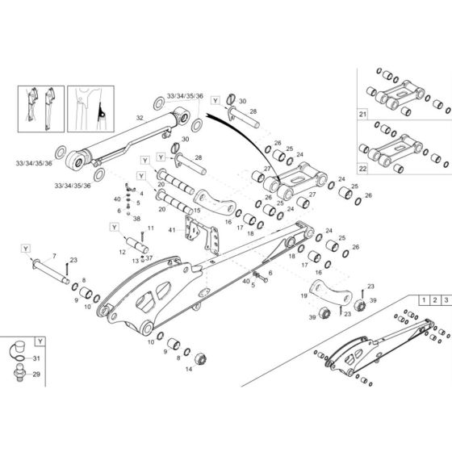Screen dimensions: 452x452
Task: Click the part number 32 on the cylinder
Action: (140, 119)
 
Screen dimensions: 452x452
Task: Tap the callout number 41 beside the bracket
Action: (172, 231)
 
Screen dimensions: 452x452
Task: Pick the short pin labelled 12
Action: (133, 243)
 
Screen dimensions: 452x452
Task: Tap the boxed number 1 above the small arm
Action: (422, 300)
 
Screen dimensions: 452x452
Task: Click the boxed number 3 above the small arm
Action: (445, 300)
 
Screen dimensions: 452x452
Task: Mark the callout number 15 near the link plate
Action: (197, 211)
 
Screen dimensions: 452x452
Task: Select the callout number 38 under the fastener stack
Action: (136, 219)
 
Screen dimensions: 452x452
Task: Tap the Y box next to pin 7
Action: (26, 248)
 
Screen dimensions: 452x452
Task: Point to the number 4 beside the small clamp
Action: (142, 194)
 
